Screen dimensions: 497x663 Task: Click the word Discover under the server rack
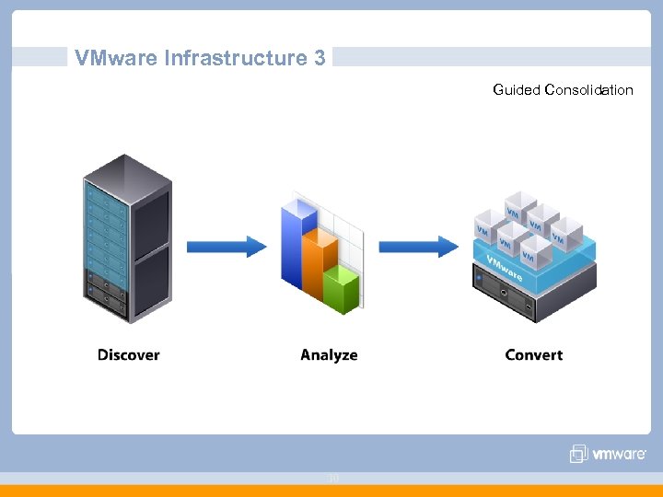click(129, 355)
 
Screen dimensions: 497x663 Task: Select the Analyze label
click(329, 355)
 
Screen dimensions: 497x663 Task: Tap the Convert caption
click(533, 355)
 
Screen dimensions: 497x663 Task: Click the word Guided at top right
click(516, 90)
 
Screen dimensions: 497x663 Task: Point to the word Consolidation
click(588, 90)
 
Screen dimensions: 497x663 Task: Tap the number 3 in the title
click(320, 59)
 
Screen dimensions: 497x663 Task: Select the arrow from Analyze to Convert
click(419, 247)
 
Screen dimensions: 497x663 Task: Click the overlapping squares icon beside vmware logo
click(578, 454)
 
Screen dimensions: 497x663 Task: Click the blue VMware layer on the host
click(534, 267)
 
